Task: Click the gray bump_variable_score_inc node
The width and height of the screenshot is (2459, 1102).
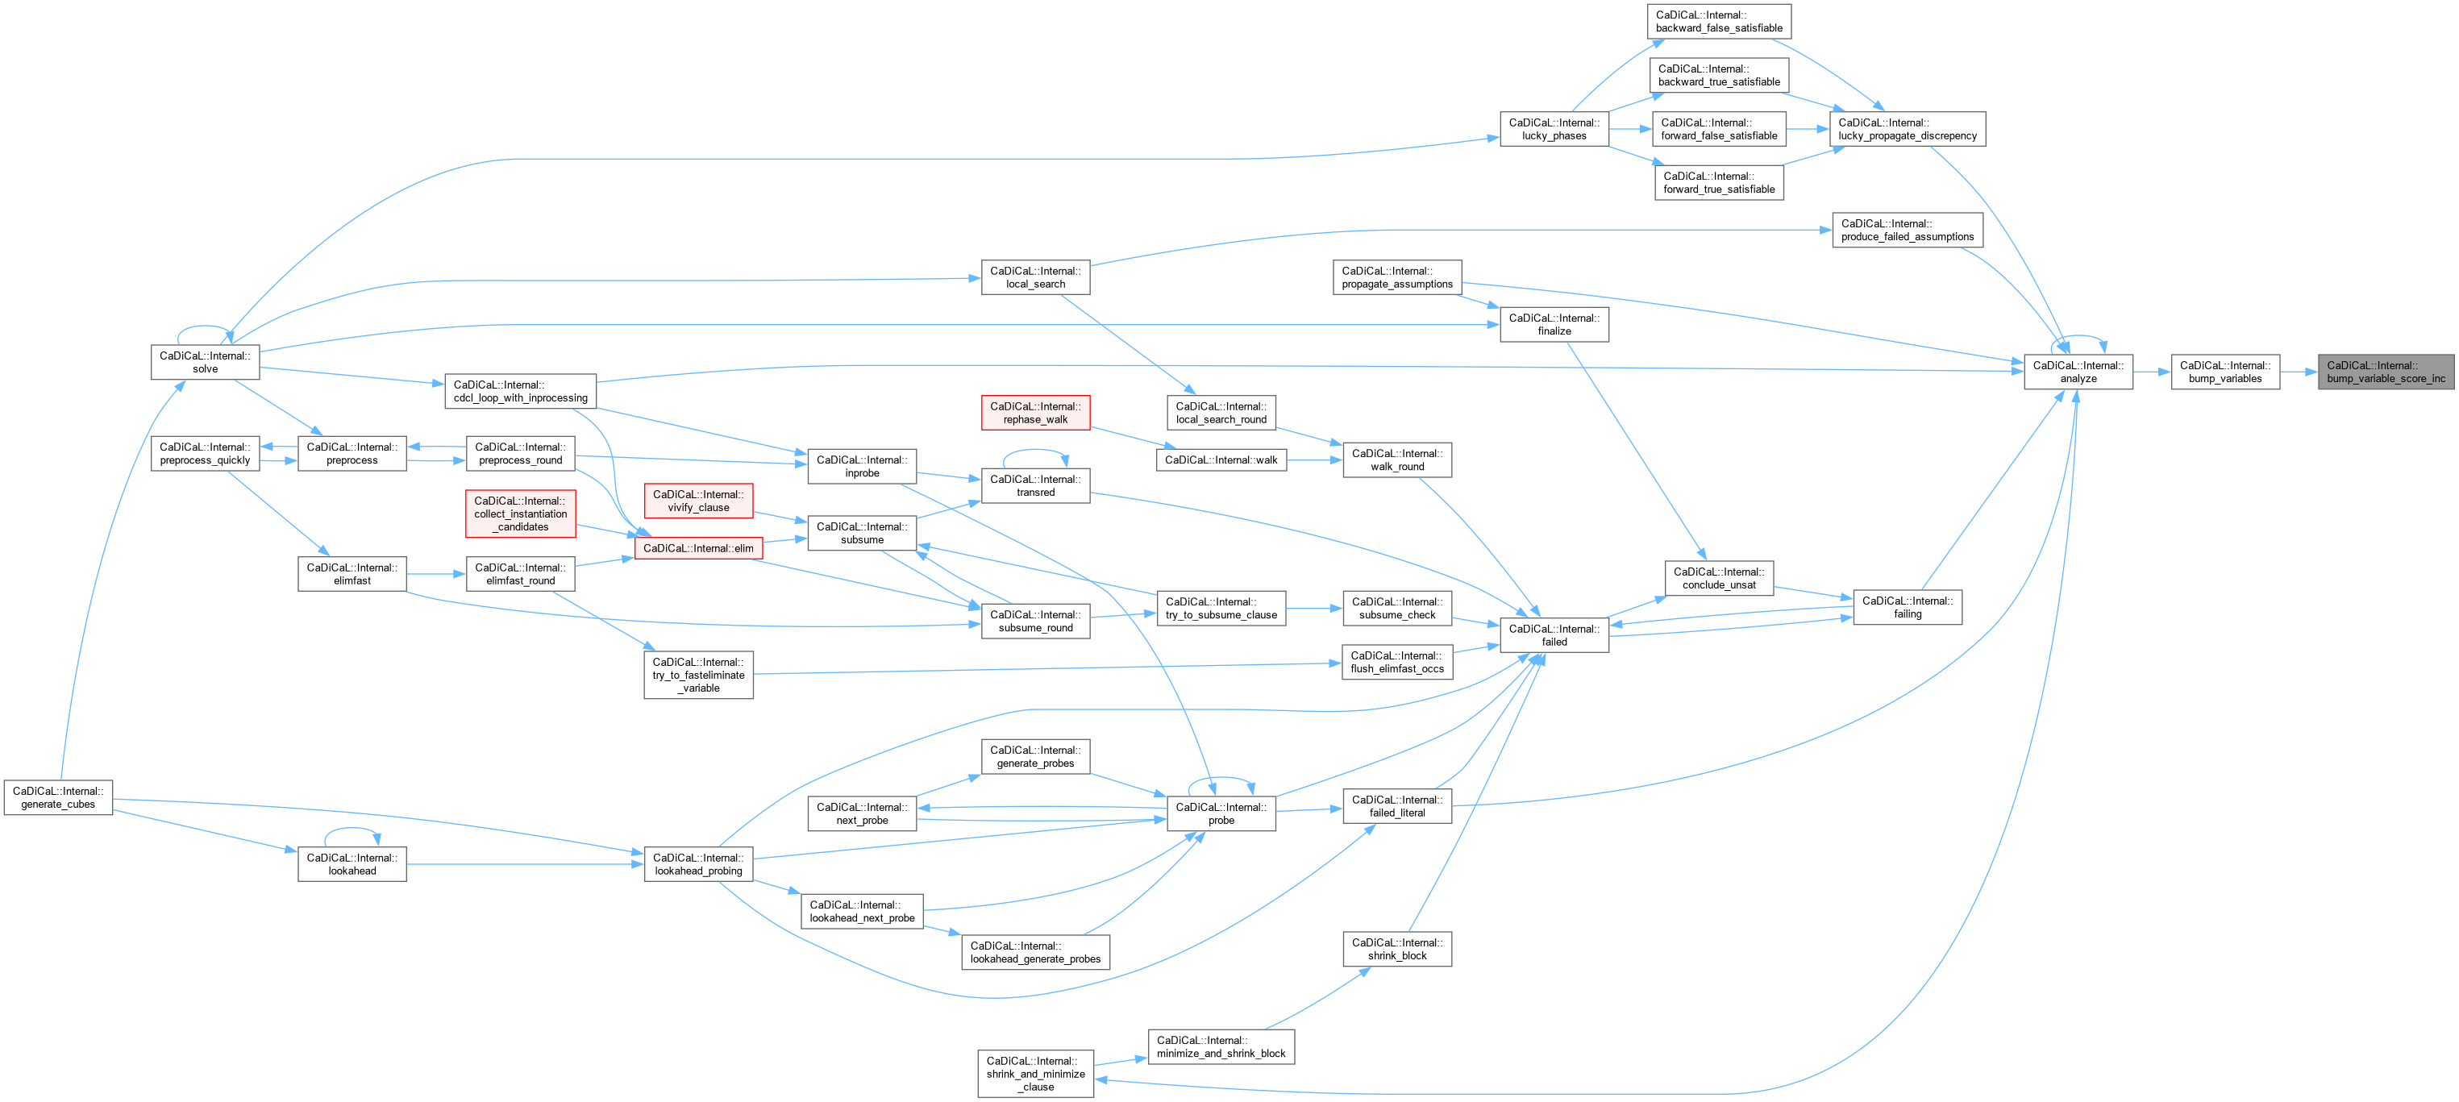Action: tap(2386, 372)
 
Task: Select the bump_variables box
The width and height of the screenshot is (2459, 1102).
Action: tap(2225, 372)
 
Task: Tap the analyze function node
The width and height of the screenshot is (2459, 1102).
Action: tap(2078, 372)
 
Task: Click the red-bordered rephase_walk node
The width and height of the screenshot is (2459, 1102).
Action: tap(1034, 413)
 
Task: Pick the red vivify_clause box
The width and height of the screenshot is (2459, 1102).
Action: tap(698, 501)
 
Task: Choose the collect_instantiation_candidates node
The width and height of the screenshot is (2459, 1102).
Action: tap(520, 514)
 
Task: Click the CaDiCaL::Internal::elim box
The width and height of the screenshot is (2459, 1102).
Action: tap(698, 549)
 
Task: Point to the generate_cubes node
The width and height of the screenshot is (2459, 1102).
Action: tap(58, 797)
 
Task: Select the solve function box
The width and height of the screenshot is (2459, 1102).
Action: tap(204, 363)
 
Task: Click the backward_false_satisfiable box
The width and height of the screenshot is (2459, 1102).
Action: tap(1718, 21)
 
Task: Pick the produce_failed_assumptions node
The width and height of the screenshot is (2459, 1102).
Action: tap(1906, 230)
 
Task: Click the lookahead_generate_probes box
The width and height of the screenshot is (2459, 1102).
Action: tap(1034, 952)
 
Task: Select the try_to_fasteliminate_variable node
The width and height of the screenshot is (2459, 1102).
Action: tap(698, 675)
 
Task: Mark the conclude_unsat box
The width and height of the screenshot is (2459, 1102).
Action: tap(1718, 578)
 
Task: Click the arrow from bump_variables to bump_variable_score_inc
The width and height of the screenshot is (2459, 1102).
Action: tap(2299, 372)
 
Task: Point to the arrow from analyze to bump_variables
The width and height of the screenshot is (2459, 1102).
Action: tap(2152, 372)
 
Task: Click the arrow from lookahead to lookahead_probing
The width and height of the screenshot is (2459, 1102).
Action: tap(525, 864)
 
